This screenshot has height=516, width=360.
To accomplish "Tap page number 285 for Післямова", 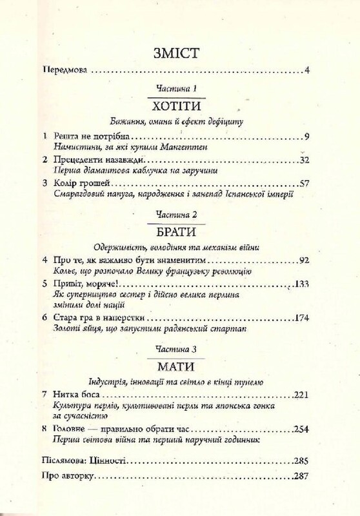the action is pyautogui.click(x=304, y=462).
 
